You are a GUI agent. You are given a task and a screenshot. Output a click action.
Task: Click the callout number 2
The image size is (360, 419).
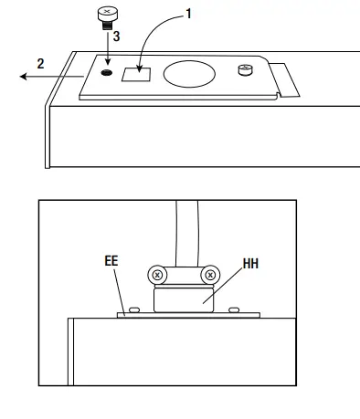40,64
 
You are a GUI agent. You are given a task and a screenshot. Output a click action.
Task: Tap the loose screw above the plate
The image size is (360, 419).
106,16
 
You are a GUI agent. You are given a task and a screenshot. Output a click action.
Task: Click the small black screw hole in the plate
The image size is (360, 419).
109,72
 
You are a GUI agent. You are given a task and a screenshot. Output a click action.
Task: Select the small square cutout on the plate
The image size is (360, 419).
140,73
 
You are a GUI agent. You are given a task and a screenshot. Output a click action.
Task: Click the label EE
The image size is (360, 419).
111,260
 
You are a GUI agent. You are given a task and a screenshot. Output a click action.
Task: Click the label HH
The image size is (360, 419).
250,266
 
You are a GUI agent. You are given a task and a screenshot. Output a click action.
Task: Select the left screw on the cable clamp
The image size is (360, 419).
157,274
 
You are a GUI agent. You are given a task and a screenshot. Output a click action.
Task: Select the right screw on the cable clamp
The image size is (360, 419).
210,274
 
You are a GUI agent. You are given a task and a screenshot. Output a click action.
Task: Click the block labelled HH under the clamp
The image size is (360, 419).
184,299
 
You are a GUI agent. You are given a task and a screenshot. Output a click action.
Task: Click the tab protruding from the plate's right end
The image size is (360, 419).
287,80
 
